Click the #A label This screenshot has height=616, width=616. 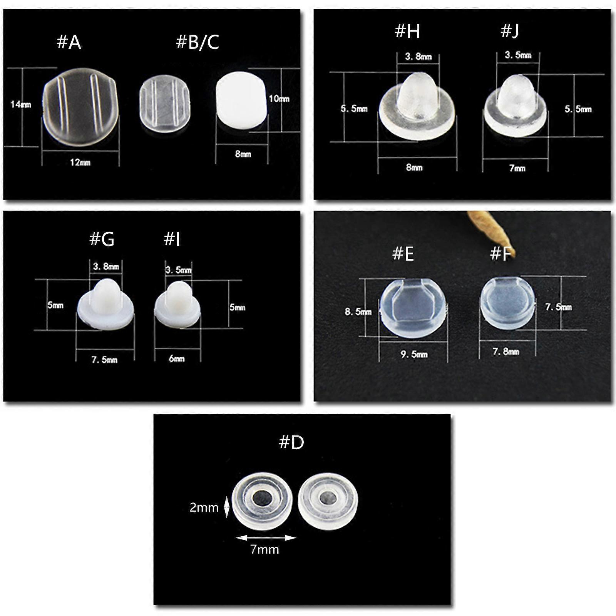(x=69, y=42)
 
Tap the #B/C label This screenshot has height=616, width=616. (x=198, y=42)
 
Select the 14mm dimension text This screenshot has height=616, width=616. (x=21, y=104)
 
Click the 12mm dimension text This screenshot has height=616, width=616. (x=80, y=162)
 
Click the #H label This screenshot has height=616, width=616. (x=407, y=31)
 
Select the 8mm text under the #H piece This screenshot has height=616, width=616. (x=414, y=167)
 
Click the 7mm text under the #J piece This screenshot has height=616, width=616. (x=517, y=168)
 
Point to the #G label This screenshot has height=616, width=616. (x=102, y=239)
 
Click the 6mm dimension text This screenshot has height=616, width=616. (x=177, y=359)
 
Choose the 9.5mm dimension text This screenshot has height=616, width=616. (x=414, y=354)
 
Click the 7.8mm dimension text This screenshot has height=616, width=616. (x=506, y=352)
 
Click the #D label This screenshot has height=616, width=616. (x=291, y=443)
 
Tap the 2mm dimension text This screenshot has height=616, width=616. (x=204, y=507)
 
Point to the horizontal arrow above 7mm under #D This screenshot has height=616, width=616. (x=266, y=538)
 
